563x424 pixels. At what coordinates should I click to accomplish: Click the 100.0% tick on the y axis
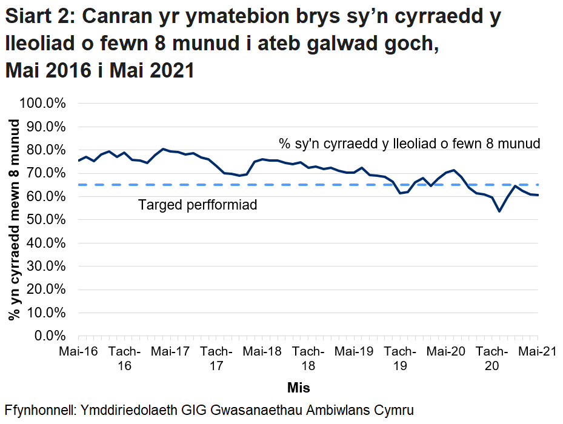(43, 104)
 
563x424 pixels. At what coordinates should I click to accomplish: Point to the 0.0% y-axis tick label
(48, 336)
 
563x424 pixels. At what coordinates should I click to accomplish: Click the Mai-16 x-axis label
(78, 351)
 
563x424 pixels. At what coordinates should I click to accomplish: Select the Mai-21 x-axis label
(537, 351)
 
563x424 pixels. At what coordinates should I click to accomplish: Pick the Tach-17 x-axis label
(216, 359)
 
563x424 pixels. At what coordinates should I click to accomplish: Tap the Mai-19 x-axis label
(355, 351)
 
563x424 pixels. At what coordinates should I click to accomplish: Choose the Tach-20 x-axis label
(492, 359)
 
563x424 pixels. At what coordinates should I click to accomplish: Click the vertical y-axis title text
(13, 219)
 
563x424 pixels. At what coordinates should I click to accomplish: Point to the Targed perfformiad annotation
(198, 205)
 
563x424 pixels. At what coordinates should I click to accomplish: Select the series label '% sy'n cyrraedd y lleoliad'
(409, 144)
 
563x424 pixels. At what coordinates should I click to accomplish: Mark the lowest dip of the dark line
(499, 211)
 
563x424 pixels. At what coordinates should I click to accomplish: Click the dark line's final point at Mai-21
(538, 195)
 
